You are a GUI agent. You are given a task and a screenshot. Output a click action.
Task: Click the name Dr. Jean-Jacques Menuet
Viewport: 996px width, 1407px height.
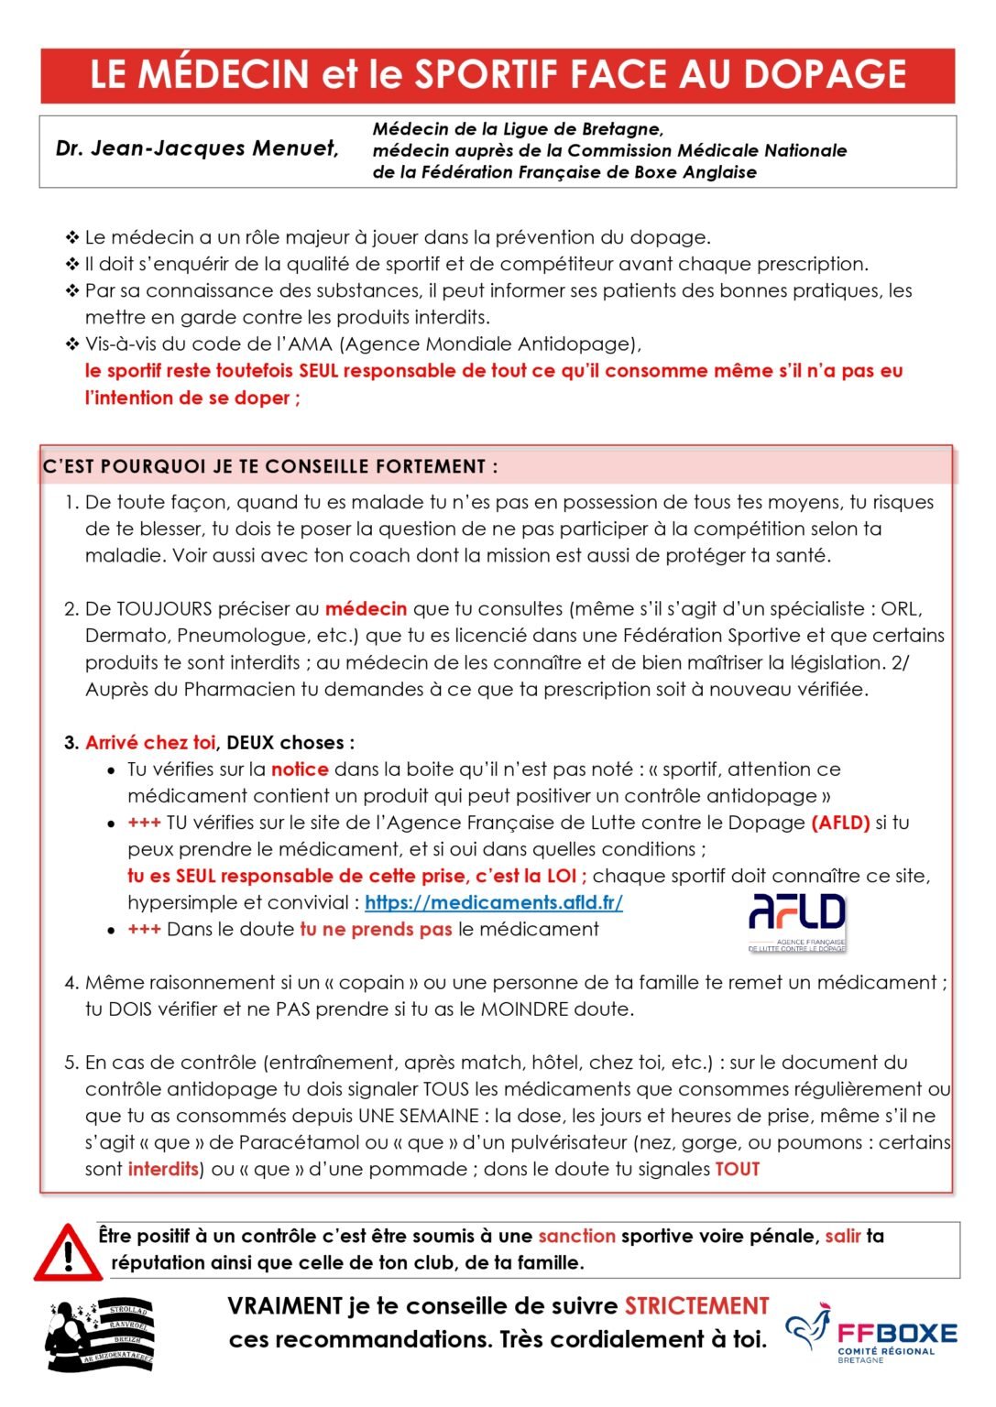tap(197, 149)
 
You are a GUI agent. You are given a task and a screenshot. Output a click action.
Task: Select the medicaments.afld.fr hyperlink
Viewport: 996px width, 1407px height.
tap(493, 903)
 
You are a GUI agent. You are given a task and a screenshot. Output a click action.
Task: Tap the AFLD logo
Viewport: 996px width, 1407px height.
tap(796, 921)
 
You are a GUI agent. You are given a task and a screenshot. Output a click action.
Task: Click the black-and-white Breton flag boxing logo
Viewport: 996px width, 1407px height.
tap(100, 1336)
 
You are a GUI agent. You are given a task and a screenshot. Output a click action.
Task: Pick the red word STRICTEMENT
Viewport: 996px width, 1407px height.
tap(696, 1307)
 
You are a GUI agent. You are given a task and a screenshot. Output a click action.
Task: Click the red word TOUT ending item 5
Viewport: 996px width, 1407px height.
tap(738, 1170)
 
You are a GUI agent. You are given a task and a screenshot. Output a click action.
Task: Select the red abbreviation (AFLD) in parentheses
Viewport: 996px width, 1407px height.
tap(840, 823)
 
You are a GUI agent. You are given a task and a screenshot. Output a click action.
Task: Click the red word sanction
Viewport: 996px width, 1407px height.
tap(576, 1237)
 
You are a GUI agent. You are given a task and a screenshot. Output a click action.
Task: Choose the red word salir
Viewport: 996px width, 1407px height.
tap(842, 1237)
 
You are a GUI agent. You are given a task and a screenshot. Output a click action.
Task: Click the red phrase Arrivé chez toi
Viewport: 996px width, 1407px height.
tap(150, 743)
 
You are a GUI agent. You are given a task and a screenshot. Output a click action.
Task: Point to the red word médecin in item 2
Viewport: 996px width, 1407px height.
tap(366, 609)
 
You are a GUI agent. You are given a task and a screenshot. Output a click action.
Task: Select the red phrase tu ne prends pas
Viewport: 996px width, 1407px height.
tap(376, 930)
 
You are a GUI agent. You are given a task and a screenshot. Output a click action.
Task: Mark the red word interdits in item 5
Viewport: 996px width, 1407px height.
tap(163, 1170)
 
